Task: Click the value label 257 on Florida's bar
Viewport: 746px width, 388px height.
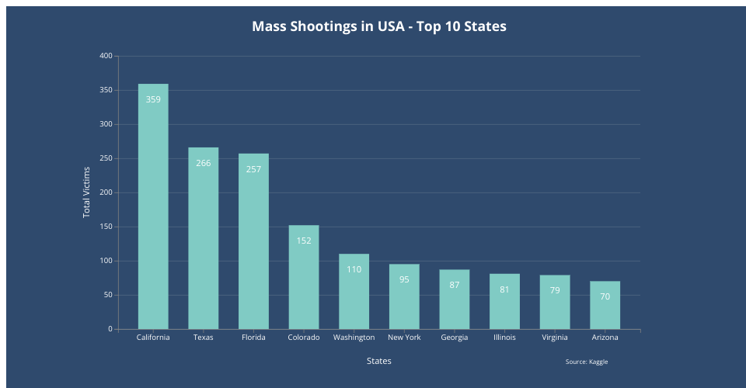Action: [x=253, y=169]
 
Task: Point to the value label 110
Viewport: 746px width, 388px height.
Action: [x=354, y=269]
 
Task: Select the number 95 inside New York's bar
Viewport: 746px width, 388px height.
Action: [x=404, y=279]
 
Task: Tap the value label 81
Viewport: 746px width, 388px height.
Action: [x=504, y=289]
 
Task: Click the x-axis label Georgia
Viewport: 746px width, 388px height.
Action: [x=454, y=338]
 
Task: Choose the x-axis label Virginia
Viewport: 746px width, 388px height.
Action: [x=555, y=338]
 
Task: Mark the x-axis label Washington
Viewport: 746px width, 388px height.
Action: [x=354, y=338]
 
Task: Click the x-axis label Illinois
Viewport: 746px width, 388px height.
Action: [x=504, y=338]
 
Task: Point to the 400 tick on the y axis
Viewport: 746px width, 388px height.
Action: [x=106, y=56]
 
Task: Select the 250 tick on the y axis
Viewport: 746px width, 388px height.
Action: [x=106, y=158]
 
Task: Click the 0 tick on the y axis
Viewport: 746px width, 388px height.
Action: [x=110, y=329]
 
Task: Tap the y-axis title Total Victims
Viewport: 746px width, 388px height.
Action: [x=87, y=192]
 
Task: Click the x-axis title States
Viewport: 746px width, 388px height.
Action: [x=379, y=361]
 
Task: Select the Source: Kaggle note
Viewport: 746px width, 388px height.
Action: [x=587, y=362]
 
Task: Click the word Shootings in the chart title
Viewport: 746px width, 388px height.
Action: [x=324, y=26]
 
